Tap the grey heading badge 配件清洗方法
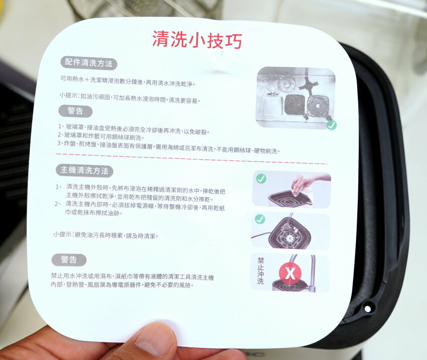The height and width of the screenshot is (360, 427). (x=89, y=63)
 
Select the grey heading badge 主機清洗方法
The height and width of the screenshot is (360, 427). (x=84, y=170)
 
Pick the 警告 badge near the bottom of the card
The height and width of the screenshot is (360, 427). (x=69, y=260)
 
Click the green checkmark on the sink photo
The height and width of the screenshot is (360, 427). (x=331, y=125)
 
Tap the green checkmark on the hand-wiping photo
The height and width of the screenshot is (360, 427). (x=261, y=178)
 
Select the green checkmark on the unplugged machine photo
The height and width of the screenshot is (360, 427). (x=260, y=219)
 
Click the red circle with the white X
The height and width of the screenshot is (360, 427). (x=290, y=275)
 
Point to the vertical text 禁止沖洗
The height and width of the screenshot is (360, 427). (x=260, y=272)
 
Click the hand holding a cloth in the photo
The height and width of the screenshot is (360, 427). (x=303, y=184)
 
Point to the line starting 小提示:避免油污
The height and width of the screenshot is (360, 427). (x=105, y=235)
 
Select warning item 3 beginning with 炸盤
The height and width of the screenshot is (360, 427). (x=168, y=150)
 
